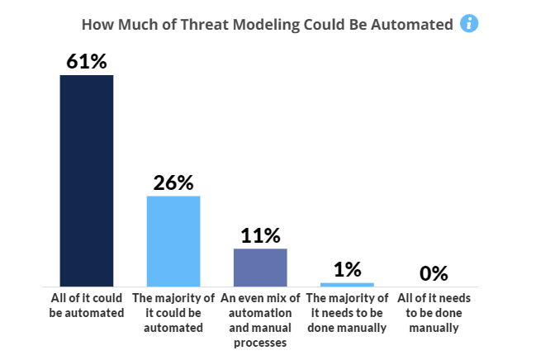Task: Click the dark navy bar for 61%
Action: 87,181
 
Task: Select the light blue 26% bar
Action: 173,241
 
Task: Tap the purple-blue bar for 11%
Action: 260,268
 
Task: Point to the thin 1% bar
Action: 348,285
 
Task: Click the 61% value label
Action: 87,62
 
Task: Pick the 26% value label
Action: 173,182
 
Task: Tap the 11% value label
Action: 260,235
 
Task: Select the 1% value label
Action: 348,269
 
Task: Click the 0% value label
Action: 434,273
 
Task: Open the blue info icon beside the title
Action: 469,24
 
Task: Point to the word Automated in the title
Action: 412,25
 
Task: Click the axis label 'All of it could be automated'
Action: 87,306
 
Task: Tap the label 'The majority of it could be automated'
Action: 173,313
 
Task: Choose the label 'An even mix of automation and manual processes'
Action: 260,320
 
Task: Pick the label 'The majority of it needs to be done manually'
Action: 347,313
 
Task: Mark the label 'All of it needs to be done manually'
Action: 434,313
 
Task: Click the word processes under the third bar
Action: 260,343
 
